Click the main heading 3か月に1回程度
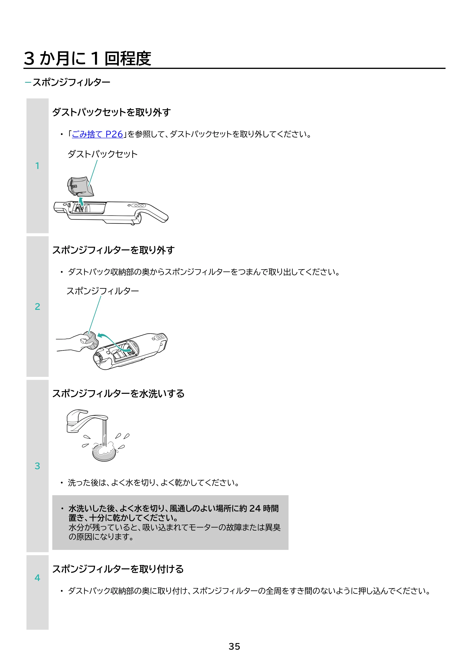click(87, 58)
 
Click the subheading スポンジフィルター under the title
click(71, 82)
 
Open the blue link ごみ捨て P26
click(97, 134)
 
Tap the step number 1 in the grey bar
click(37, 166)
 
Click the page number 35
click(234, 647)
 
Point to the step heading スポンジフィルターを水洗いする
click(118, 393)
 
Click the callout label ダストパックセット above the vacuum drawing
click(102, 154)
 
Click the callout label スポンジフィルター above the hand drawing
click(102, 291)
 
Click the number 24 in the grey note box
click(255, 508)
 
